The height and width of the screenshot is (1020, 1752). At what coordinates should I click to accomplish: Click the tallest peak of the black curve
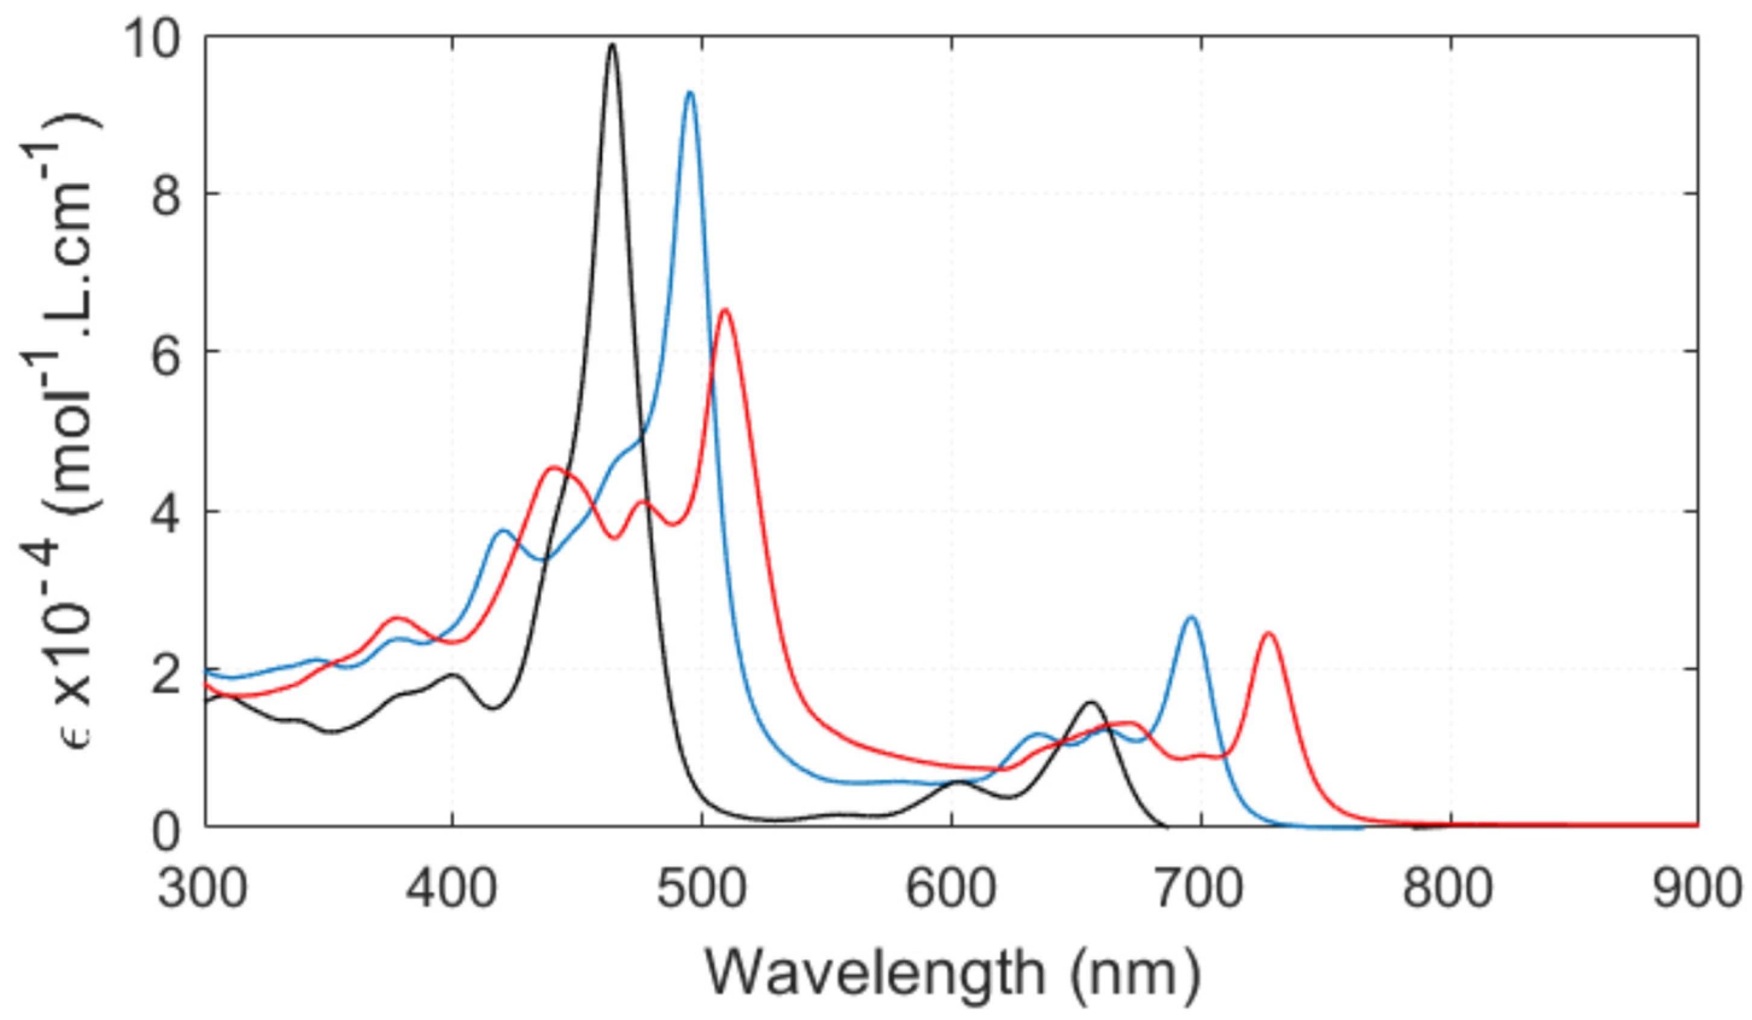(x=612, y=46)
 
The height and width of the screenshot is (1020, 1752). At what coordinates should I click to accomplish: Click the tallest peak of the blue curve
(x=690, y=93)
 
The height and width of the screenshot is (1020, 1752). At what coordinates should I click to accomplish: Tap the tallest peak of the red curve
(x=725, y=310)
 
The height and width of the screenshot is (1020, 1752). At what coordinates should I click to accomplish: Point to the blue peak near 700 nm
(x=1191, y=617)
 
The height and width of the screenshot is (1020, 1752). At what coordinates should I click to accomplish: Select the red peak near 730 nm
(x=1269, y=633)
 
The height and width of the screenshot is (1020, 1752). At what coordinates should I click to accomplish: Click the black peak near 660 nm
(x=1091, y=703)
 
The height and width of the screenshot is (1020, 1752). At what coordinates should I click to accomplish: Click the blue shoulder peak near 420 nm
(x=503, y=531)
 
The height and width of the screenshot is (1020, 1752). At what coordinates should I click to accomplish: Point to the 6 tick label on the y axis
(x=167, y=352)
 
